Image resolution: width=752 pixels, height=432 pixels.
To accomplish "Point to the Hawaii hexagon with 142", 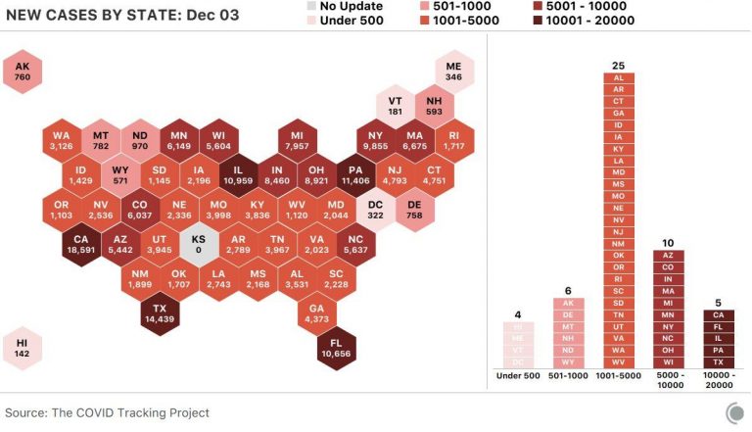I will pyautogui.click(x=23, y=347).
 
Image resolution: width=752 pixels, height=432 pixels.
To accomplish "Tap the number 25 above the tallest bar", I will pyautogui.click(x=618, y=66).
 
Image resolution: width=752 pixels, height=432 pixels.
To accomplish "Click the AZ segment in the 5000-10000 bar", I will pyautogui.click(x=668, y=255).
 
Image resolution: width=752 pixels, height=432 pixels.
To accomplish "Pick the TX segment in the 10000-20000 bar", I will pyautogui.click(x=719, y=361).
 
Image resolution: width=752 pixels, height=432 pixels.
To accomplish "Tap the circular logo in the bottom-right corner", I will pyautogui.click(x=733, y=413).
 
